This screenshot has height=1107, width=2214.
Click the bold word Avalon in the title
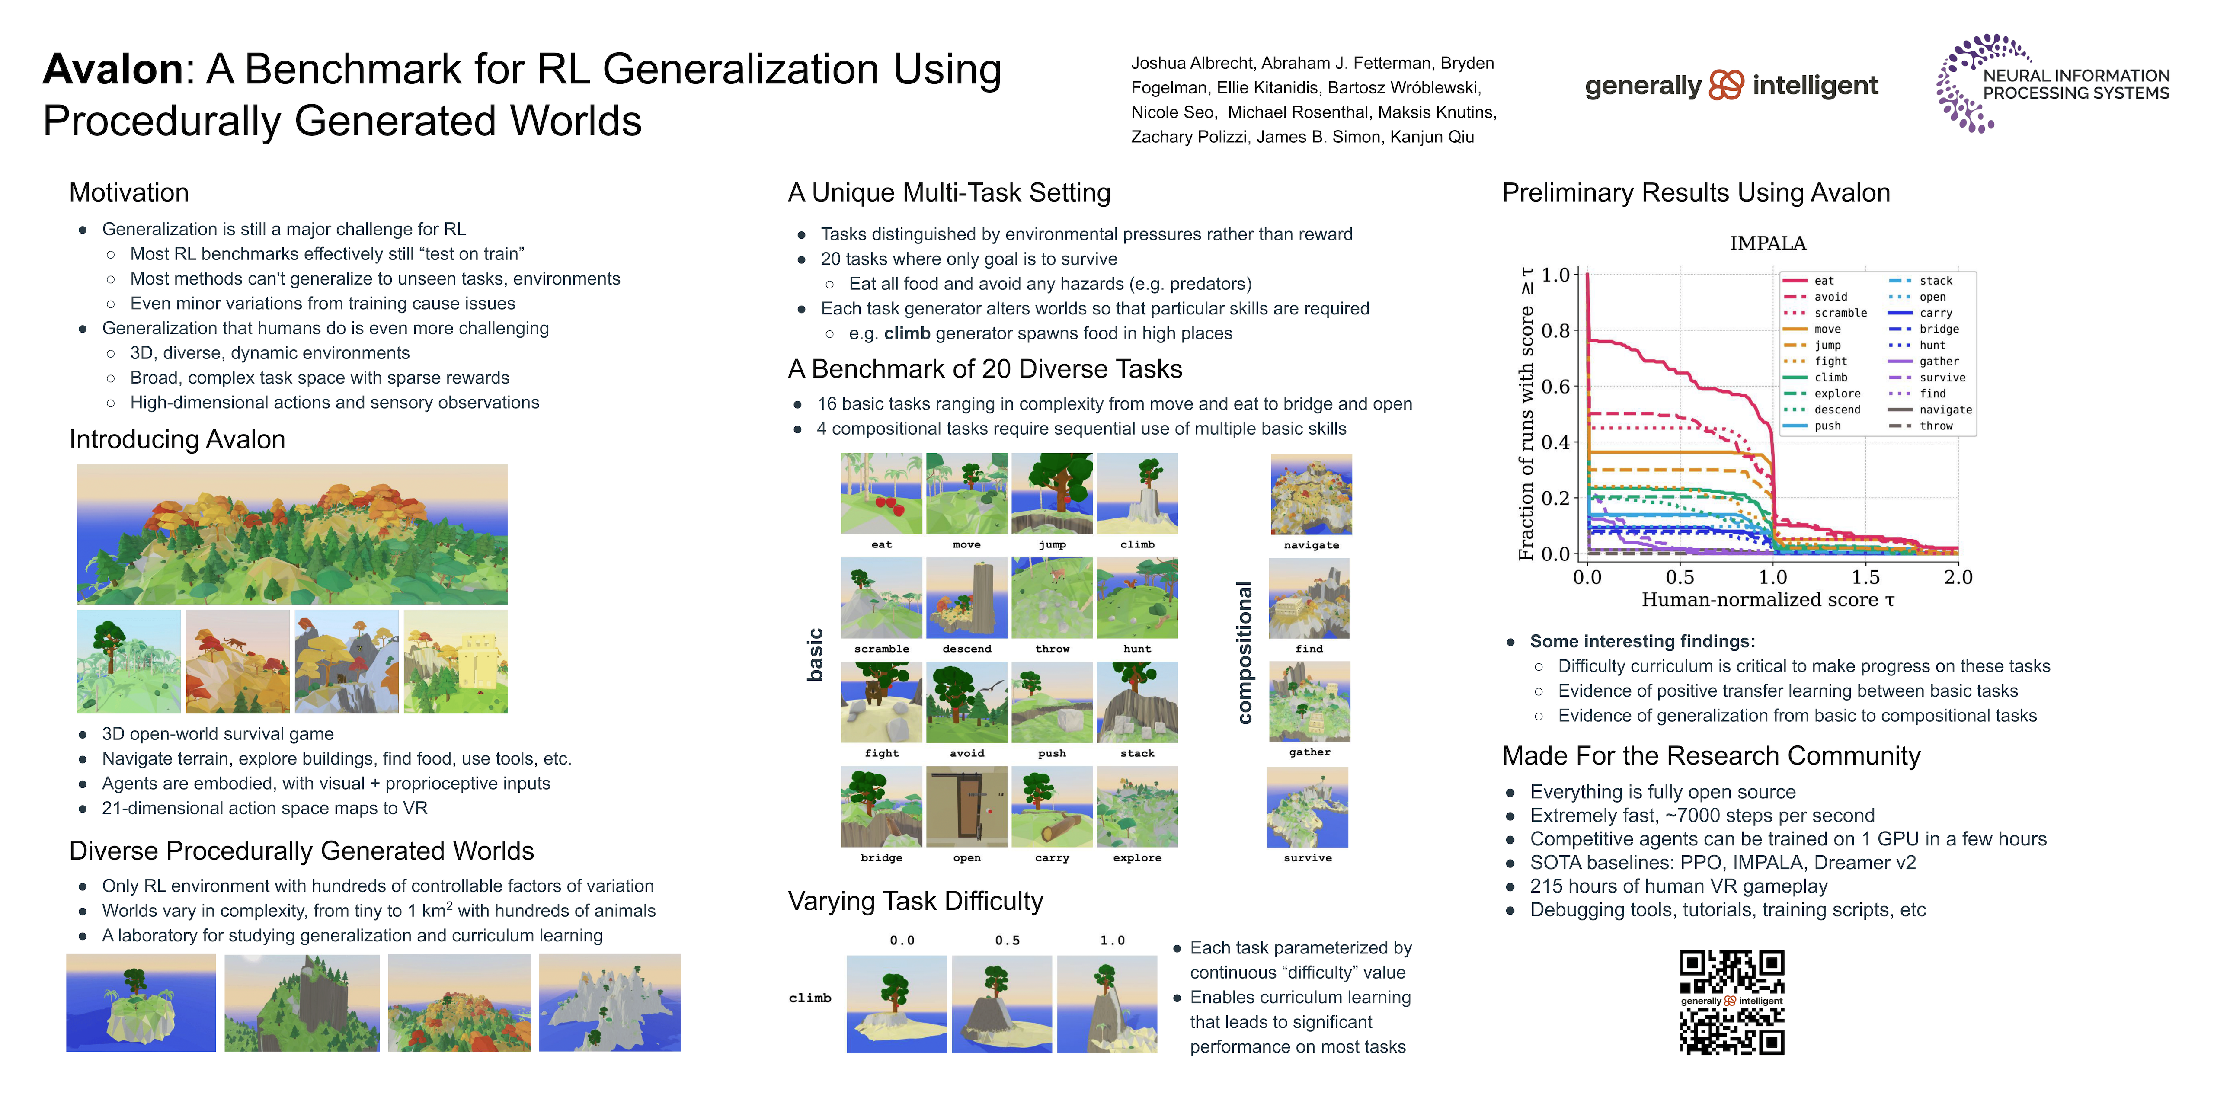coord(112,70)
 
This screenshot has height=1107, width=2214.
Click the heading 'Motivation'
coord(129,192)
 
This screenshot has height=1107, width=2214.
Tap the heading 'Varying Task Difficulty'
coord(915,901)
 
